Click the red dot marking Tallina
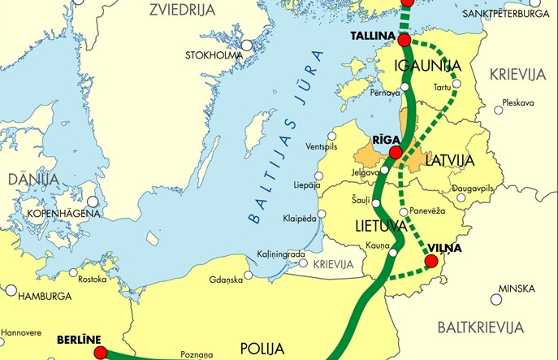click(404, 38)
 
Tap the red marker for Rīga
click(395, 153)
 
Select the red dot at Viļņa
click(430, 261)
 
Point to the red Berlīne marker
click(100, 352)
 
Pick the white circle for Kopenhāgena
click(93, 201)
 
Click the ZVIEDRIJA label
click(181, 10)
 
